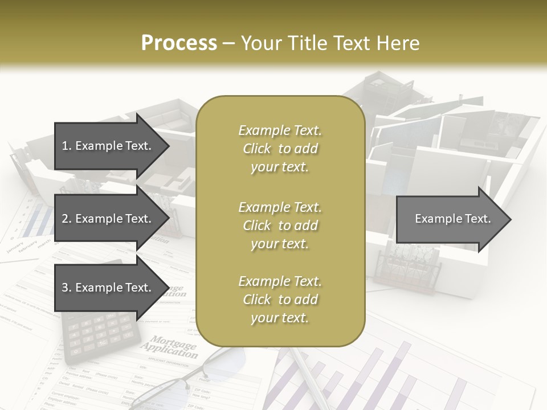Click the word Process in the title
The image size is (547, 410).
tap(179, 43)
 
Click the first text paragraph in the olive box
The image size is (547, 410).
tap(280, 149)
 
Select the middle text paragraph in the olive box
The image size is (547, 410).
tap(280, 225)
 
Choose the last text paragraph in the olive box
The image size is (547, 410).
tap(280, 300)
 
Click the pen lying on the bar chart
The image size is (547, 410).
tap(308, 376)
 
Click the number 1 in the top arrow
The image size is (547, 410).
tap(65, 146)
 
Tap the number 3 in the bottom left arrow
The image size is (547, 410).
tap(65, 288)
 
